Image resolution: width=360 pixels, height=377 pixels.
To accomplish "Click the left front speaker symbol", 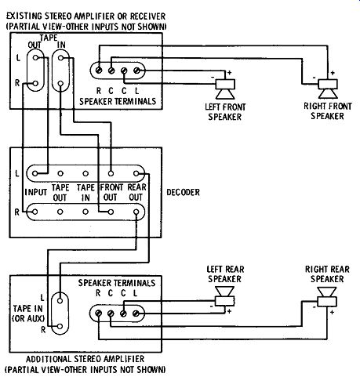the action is (225, 89).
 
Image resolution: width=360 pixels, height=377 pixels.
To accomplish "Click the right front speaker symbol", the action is (328, 89).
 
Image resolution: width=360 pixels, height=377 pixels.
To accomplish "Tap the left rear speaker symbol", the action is (224, 296).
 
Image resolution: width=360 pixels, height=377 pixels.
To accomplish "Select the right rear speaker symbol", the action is (327, 297).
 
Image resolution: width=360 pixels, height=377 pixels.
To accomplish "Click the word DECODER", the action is (183, 192).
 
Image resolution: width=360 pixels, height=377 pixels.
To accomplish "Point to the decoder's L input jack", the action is (35, 173).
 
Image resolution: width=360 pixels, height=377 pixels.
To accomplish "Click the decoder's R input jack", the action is (35, 212).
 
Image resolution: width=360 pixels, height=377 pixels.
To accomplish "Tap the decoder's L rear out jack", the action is (136, 173).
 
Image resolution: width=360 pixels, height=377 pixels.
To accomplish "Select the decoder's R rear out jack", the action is (136, 212).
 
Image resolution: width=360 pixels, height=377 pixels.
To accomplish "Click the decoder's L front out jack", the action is (111, 173).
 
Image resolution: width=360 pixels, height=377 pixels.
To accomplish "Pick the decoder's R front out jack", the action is (111, 212).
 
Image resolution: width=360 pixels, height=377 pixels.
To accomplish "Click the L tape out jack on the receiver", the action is (35, 58).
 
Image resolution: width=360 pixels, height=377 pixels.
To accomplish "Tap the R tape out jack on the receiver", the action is (35, 84).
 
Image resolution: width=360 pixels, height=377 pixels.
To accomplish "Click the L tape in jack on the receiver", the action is (60, 58).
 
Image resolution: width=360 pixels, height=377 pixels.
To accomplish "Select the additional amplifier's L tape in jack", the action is (60, 301).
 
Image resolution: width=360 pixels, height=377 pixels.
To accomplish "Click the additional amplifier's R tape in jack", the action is (60, 326).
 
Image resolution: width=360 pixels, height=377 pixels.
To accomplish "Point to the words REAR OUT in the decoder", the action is (136, 192).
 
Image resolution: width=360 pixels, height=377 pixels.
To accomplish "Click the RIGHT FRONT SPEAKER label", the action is (328, 111).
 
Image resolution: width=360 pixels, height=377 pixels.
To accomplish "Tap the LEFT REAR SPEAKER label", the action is (225, 274).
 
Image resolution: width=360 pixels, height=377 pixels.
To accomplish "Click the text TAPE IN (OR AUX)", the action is (28, 314).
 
